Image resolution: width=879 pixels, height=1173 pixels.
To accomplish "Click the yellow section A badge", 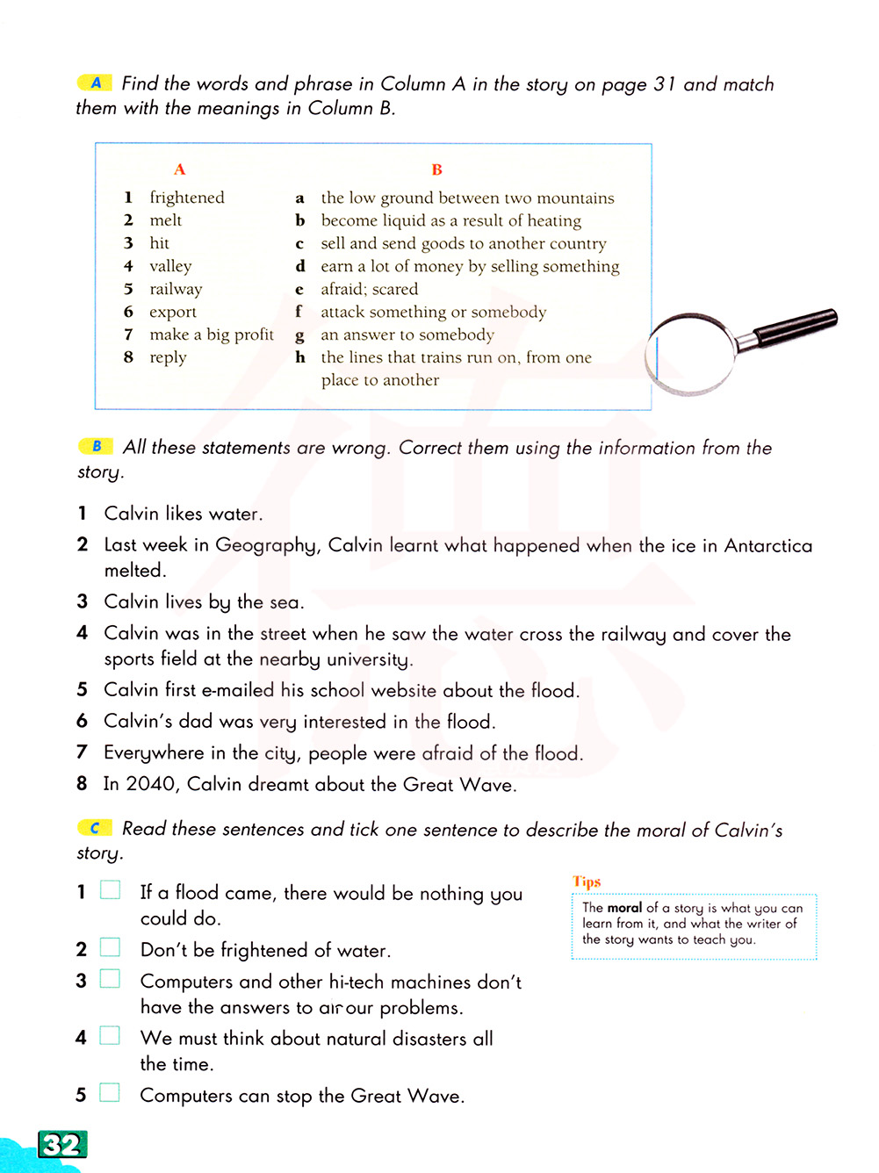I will coord(95,83).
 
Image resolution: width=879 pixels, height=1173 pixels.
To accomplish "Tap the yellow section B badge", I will coord(96,446).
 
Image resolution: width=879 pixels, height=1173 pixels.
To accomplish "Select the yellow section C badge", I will coord(95,828).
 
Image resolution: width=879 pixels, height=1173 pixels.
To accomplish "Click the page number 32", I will coord(62,1144).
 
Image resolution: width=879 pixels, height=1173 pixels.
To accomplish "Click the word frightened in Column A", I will coord(186,198).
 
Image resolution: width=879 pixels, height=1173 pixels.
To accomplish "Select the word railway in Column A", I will coord(176,289).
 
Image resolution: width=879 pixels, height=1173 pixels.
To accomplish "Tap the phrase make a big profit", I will coord(212,335).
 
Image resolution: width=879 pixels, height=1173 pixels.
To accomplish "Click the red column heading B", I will coord(436,169).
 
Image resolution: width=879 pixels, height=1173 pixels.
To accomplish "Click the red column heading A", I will coord(179,169).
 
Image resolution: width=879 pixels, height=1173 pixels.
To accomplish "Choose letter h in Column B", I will coord(300,357).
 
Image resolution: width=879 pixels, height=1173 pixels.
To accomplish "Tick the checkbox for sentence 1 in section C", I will coord(110,890).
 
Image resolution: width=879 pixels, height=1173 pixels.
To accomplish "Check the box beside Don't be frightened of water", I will coord(110,947).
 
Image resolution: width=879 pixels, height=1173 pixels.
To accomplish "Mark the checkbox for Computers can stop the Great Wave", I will coord(110,1093).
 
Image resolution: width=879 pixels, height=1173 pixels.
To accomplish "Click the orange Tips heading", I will coord(587,882).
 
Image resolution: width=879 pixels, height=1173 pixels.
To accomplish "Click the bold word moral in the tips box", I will coord(624,908).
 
